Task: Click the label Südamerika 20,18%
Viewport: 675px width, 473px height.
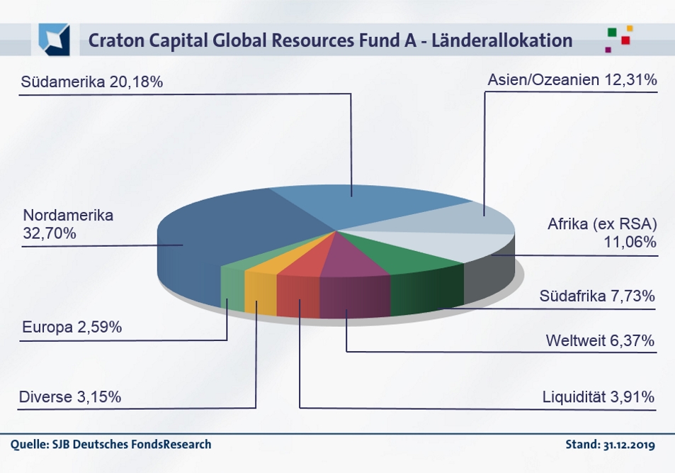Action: pos(92,82)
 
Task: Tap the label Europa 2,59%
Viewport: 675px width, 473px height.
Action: pos(72,328)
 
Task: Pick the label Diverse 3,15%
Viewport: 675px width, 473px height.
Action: pos(70,397)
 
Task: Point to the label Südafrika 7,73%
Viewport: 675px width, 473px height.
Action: pos(596,296)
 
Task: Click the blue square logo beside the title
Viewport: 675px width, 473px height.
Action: pos(55,40)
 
